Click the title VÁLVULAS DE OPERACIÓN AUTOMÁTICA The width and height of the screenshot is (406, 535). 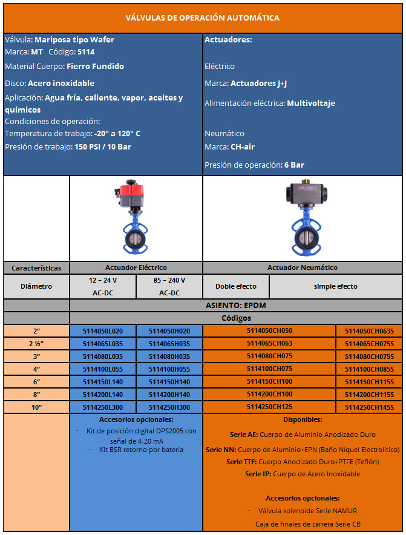click(203, 18)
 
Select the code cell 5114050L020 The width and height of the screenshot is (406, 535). click(102, 331)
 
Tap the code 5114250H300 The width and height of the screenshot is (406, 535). click(169, 407)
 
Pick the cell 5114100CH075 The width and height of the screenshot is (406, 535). click(269, 369)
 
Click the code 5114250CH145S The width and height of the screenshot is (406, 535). click(369, 407)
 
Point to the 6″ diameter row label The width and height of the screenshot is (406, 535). click(36, 382)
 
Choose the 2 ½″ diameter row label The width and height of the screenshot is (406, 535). click(36, 344)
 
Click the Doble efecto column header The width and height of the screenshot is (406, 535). click(236, 286)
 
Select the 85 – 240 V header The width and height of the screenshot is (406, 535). click(169, 280)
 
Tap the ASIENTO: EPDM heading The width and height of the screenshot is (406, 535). click(236, 305)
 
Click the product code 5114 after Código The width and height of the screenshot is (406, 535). click(86, 52)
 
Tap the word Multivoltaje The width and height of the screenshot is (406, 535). click(311, 103)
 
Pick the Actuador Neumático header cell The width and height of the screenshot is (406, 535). click(303, 267)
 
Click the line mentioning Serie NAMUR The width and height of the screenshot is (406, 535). click(302, 511)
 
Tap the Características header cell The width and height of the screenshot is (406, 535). click(36, 267)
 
